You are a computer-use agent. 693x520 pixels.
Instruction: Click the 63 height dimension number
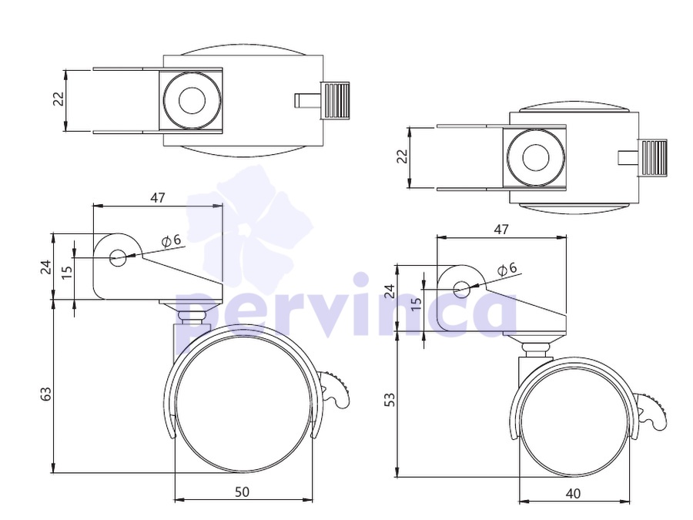(46, 394)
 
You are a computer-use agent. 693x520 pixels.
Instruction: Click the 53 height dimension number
(390, 399)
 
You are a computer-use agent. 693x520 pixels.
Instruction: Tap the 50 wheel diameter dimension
(243, 491)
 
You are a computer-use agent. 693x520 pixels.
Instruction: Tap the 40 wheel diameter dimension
(573, 493)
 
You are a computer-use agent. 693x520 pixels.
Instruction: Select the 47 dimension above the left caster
(158, 198)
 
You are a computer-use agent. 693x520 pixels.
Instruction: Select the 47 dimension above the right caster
(501, 230)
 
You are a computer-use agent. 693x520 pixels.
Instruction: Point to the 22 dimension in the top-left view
(59, 99)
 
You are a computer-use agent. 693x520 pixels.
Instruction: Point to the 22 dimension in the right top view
(402, 156)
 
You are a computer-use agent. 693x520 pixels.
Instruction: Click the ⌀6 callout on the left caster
(172, 240)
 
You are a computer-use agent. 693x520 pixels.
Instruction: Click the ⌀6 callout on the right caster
(507, 269)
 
